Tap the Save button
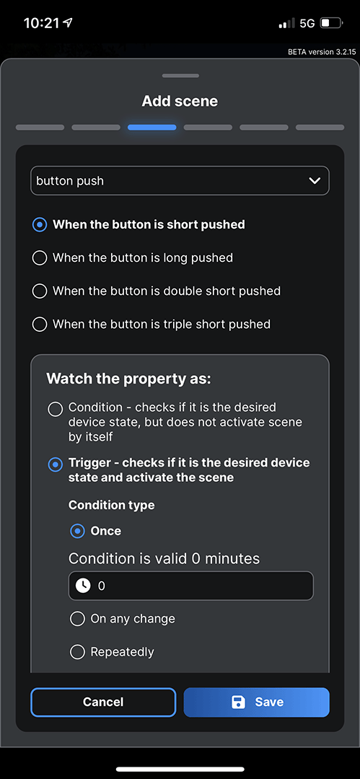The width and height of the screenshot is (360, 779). [x=257, y=702]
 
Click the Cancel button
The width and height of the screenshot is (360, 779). [x=103, y=702]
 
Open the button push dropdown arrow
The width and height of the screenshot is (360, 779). [x=315, y=181]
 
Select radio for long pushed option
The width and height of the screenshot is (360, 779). [x=40, y=258]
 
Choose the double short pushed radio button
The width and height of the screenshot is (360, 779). [x=40, y=291]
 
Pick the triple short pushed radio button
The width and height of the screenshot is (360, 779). [x=40, y=324]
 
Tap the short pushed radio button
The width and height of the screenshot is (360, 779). [x=40, y=224]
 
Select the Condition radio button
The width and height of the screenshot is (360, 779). [x=55, y=410]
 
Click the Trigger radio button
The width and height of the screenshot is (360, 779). [x=55, y=465]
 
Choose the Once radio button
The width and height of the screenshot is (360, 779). [x=77, y=531]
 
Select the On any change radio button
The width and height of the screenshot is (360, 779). [x=77, y=619]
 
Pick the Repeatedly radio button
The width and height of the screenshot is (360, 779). [x=77, y=652]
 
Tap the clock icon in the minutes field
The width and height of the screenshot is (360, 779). [x=83, y=586]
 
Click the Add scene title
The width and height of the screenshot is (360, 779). [x=180, y=101]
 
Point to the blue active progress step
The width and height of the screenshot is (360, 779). [x=152, y=128]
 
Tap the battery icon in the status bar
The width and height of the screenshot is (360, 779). [x=330, y=23]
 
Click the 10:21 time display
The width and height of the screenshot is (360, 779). [x=41, y=23]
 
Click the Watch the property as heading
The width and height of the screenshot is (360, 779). [x=128, y=379]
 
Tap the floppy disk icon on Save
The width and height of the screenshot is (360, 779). [x=239, y=702]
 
